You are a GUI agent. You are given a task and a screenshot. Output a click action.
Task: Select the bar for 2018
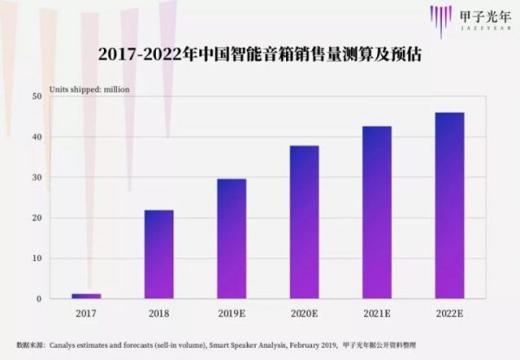159,254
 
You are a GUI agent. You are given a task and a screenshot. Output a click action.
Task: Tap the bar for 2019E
231,239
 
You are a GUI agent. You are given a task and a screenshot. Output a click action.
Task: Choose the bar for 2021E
377,213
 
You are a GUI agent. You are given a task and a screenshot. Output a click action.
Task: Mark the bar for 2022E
449,206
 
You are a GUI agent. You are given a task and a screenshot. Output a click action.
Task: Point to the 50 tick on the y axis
37,96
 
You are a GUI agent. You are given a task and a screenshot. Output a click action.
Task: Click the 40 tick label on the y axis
37,137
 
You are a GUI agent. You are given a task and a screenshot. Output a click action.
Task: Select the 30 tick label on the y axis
37,177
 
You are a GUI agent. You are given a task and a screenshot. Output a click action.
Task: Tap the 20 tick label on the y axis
37,218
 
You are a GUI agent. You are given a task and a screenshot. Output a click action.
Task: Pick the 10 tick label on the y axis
37,259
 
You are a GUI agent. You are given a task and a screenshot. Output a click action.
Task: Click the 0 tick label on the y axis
39,299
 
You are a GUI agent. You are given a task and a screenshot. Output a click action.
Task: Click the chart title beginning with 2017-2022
260,56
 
